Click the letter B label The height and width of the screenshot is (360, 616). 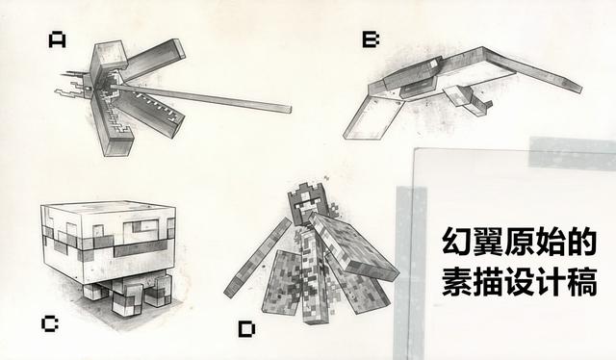click(371, 39)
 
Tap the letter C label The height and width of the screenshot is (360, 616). click(50, 322)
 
